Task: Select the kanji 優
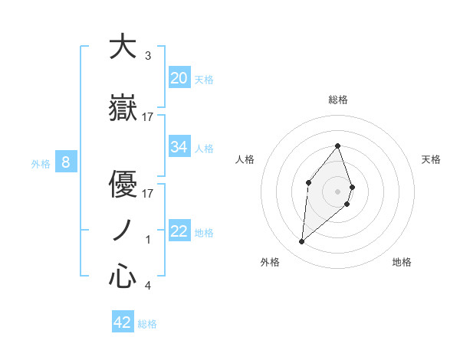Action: (x=123, y=184)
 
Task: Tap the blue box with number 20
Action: (x=179, y=78)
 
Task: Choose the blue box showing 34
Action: (x=179, y=147)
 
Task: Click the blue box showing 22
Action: (x=179, y=231)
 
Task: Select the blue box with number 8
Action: (x=66, y=162)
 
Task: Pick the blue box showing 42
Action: (x=123, y=322)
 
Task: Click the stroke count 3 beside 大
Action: (x=148, y=56)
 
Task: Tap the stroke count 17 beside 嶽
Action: (x=148, y=116)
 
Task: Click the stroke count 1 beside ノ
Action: (x=148, y=240)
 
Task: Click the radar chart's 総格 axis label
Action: (x=337, y=100)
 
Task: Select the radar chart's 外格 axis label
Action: (x=270, y=262)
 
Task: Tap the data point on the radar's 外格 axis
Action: (x=301, y=242)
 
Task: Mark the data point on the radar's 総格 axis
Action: (x=337, y=146)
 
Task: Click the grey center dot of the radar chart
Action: (x=337, y=191)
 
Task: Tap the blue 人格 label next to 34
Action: (x=204, y=148)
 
